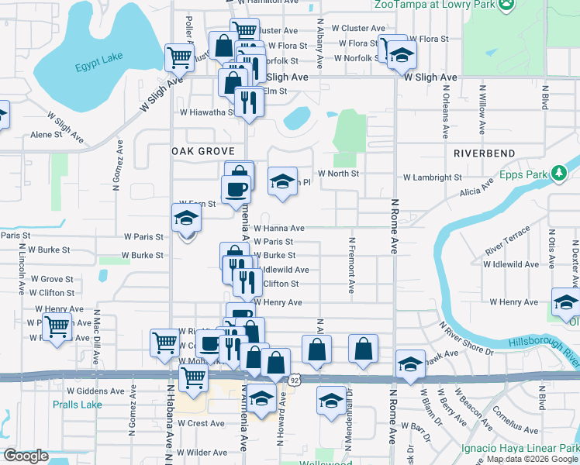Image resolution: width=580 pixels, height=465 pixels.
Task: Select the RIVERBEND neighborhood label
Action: click(x=485, y=153)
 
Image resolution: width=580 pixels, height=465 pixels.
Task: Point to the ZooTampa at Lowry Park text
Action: click(x=434, y=4)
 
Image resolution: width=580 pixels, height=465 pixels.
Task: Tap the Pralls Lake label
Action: click(x=77, y=405)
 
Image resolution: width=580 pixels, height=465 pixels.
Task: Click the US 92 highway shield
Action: click(x=295, y=381)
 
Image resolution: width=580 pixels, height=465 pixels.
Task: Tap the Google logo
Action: click(x=26, y=456)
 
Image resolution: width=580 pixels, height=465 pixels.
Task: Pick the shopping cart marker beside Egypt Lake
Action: click(x=179, y=56)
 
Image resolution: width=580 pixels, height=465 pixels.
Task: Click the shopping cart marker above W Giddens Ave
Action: click(x=193, y=377)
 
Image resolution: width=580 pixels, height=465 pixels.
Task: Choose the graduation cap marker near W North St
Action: click(x=282, y=182)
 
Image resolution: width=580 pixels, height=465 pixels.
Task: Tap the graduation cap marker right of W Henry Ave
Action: click(x=565, y=302)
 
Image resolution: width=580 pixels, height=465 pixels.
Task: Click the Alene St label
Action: click(x=46, y=135)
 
